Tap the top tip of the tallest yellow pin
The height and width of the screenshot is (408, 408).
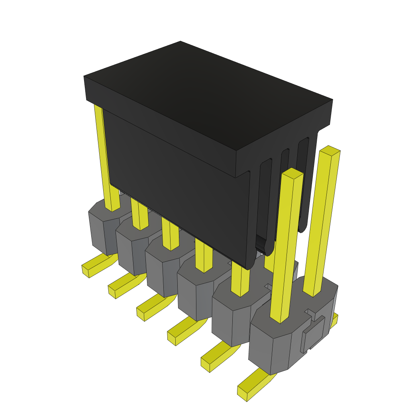tap(330, 150)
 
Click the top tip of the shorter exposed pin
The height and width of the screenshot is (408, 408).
tap(293, 173)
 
